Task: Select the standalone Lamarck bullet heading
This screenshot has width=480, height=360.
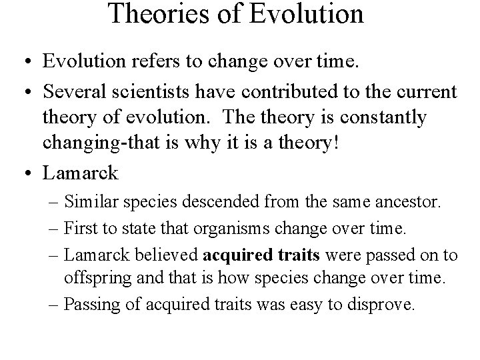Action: point(80,173)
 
